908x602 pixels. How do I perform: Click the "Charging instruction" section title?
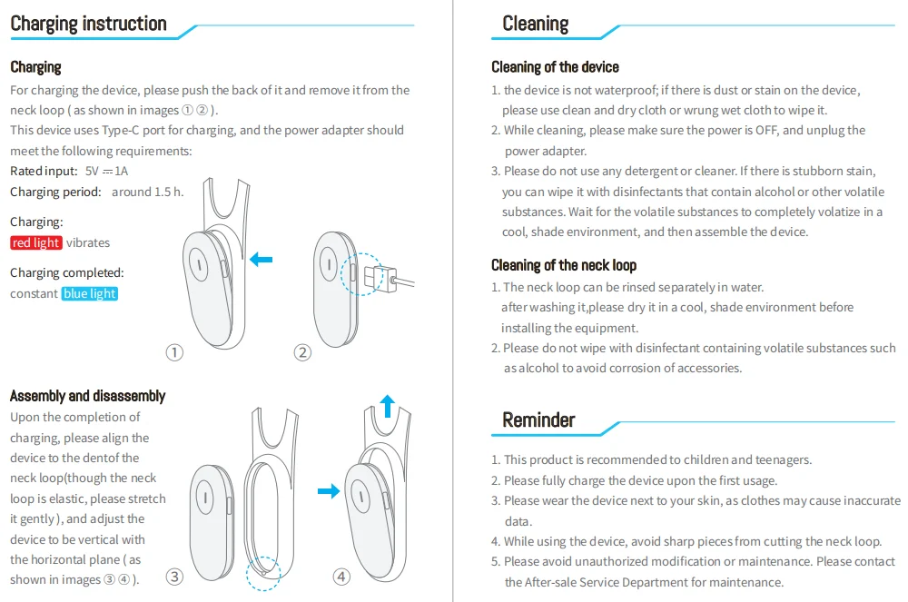pyautogui.click(x=88, y=24)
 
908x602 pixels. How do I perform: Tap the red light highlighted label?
pyautogui.click(x=36, y=242)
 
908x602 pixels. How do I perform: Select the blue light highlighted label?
pyautogui.click(x=90, y=293)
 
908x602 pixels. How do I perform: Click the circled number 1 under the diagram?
pyautogui.click(x=175, y=352)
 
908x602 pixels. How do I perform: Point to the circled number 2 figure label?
pyautogui.click(x=303, y=352)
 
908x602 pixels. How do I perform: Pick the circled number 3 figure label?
pyautogui.click(x=175, y=576)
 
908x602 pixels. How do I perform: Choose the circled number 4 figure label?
pyautogui.click(x=341, y=576)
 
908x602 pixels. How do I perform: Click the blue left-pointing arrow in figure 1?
pyautogui.click(x=261, y=261)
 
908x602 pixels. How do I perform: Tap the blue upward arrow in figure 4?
pyautogui.click(x=388, y=405)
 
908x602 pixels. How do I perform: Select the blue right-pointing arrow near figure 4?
pyautogui.click(x=328, y=491)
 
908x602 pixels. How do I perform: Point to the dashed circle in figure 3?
pyautogui.click(x=264, y=571)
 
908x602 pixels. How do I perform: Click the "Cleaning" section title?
pyautogui.click(x=536, y=24)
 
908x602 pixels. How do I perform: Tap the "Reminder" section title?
pyautogui.click(x=538, y=419)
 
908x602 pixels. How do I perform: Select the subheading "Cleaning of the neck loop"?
pyautogui.click(x=564, y=265)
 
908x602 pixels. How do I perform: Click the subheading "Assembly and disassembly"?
pyautogui.click(x=87, y=396)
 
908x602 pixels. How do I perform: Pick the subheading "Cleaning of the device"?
pyautogui.click(x=555, y=67)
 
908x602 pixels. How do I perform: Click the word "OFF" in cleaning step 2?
pyautogui.click(x=767, y=131)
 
